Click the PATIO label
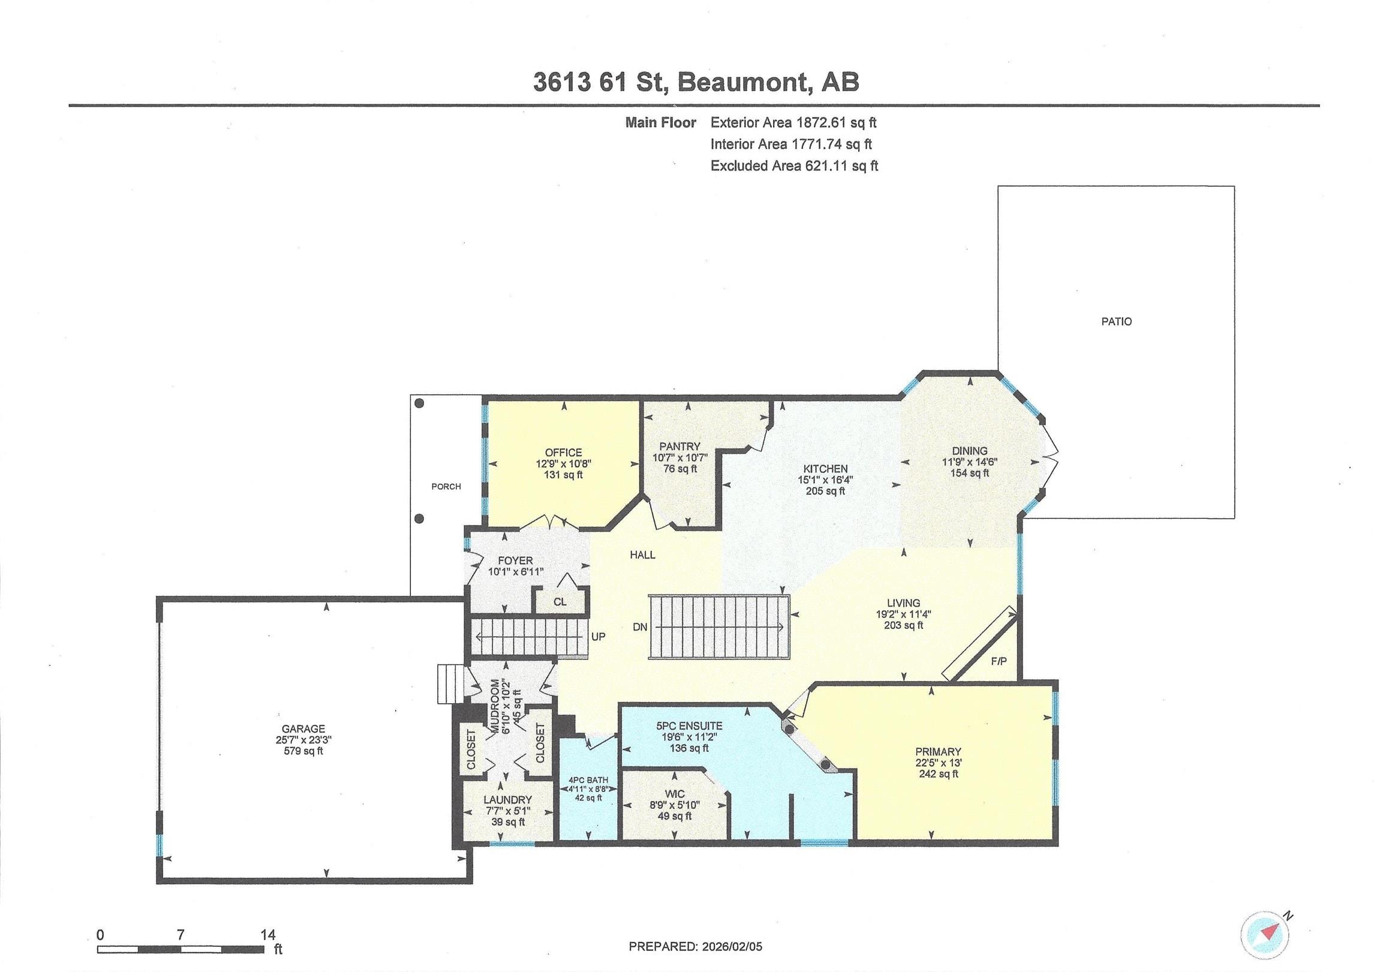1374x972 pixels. point(1116,322)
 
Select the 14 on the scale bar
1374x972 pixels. point(267,934)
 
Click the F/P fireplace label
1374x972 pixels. point(999,661)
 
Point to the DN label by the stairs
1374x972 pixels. point(640,627)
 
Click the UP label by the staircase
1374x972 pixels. point(598,637)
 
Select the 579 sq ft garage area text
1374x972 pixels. point(303,751)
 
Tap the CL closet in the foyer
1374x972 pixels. point(560,602)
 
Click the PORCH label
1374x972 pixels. point(446,487)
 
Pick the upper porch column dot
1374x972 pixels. point(419,403)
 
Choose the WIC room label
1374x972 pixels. point(675,794)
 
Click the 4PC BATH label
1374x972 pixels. point(588,780)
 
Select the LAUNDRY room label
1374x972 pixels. point(507,800)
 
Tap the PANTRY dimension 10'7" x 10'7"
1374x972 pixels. point(680,458)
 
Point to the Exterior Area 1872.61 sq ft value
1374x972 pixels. point(836,123)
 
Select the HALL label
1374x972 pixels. point(642,555)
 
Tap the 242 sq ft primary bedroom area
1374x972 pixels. point(938,774)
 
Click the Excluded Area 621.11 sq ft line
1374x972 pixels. point(793,166)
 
